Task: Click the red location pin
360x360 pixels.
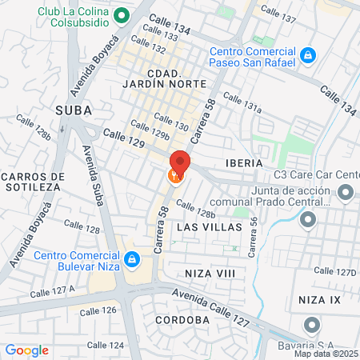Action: coord(179,162)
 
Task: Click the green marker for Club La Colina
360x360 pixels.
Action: coord(122,14)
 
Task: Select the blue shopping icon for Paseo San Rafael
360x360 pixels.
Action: coord(309,55)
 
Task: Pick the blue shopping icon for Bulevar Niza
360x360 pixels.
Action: coord(135,259)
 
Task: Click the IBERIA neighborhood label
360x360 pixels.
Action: coord(244,162)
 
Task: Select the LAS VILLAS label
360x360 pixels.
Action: coord(209,227)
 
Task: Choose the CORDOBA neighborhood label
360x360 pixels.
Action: coord(183,319)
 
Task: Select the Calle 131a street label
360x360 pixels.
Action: coord(242,104)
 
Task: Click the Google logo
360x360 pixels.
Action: coord(26,350)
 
